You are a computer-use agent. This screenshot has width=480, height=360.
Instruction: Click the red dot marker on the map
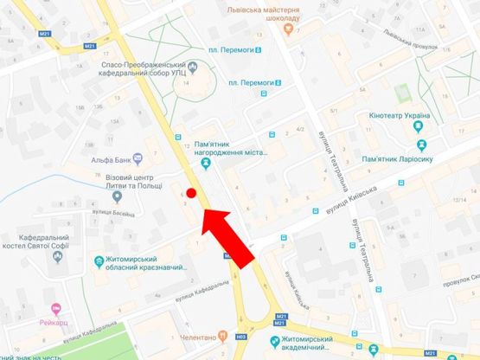pos(192,192)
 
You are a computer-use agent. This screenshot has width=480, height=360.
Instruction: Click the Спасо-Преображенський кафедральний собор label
pos(141,69)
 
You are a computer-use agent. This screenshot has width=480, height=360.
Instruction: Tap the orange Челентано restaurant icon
pos(222,337)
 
